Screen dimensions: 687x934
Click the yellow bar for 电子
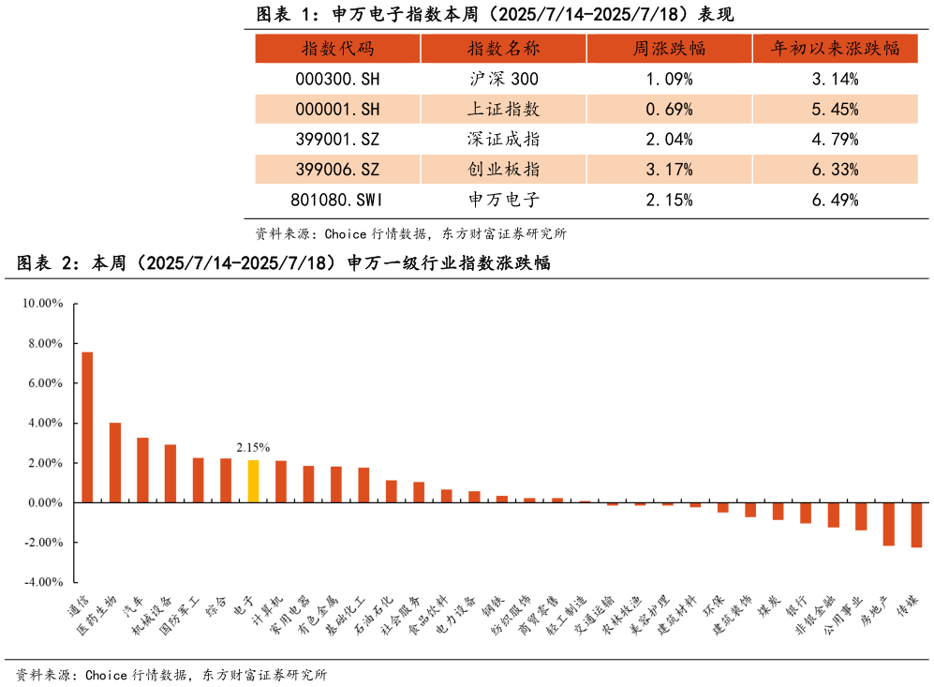click(x=253, y=481)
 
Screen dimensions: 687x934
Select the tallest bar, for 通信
click(x=87, y=427)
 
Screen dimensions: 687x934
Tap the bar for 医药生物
click(x=115, y=462)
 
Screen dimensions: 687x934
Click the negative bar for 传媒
click(x=916, y=525)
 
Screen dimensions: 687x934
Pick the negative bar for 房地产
click(x=888, y=524)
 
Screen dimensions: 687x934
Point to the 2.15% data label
click(x=253, y=448)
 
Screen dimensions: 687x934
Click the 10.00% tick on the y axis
click(x=43, y=304)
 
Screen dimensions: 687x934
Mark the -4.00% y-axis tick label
click(x=42, y=582)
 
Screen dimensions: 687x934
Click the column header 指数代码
click(x=337, y=49)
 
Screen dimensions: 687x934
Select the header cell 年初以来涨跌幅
click(x=835, y=49)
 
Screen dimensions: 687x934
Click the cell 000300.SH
click(x=337, y=79)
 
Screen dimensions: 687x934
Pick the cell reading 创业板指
click(x=503, y=170)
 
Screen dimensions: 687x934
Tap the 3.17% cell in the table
click(x=669, y=170)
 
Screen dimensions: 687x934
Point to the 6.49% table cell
click(x=835, y=200)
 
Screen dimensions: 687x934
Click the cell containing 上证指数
click(x=503, y=109)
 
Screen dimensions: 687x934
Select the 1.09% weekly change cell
click(x=669, y=79)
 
